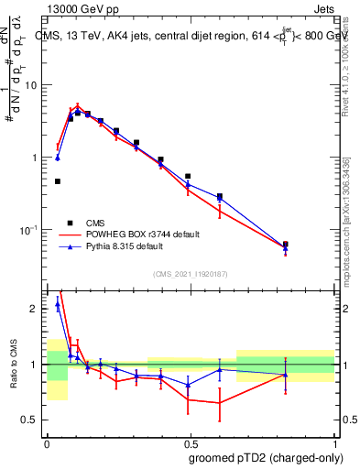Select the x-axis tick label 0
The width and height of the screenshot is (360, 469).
(x=47, y=442)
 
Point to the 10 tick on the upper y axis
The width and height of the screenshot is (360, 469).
(x=31, y=85)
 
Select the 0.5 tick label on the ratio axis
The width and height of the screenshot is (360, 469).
(x=33, y=420)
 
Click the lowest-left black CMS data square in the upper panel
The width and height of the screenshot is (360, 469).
(x=58, y=181)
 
